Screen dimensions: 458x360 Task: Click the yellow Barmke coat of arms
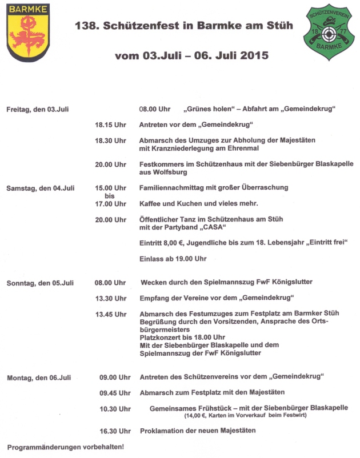pos(27,34)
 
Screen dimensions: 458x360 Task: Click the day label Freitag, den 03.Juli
pos(38,109)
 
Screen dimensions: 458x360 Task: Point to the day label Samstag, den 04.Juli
pos(41,188)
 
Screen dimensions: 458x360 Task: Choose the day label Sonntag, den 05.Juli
pos(40,283)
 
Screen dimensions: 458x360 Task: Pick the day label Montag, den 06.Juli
pos(39,377)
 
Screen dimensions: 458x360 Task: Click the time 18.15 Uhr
pos(110,124)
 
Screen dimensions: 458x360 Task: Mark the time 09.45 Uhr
pos(115,393)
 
